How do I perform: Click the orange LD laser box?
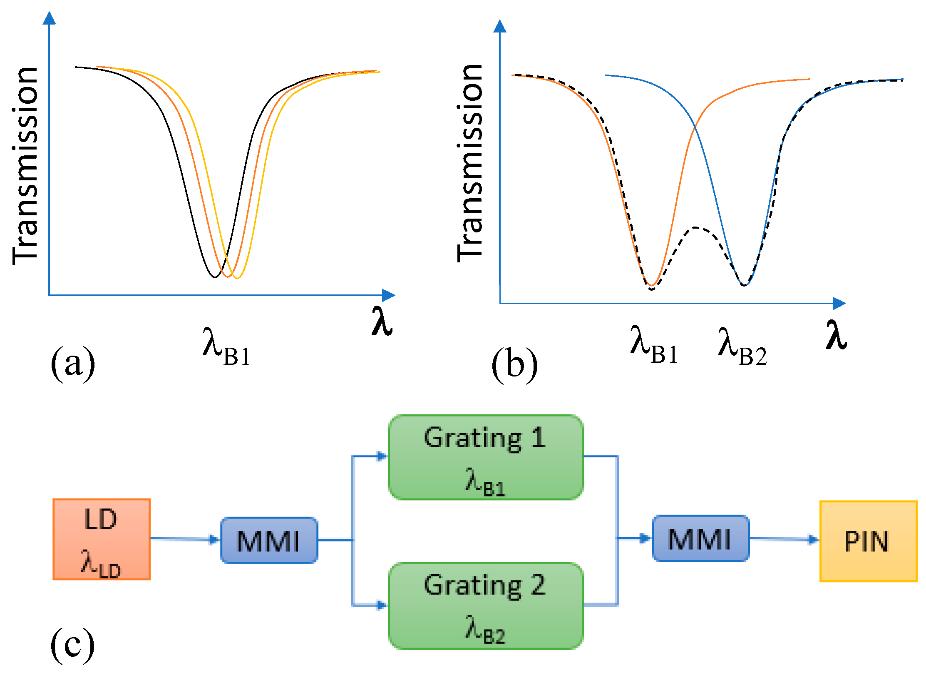pos(101,539)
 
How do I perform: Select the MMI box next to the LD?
pos(269,540)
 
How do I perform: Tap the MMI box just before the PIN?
pos(700,538)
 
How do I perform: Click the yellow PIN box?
pos(868,541)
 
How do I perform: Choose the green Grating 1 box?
pos(485,457)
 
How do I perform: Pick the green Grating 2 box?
pos(485,605)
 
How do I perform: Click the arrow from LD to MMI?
pos(185,539)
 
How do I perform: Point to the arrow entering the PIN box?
pos(784,539)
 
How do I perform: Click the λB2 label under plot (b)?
pos(742,346)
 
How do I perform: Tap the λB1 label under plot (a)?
pos(226,347)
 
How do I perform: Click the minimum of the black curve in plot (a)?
pos(214,277)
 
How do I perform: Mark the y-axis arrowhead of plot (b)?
pos(499,26)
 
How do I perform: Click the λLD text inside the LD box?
pos(101,563)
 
